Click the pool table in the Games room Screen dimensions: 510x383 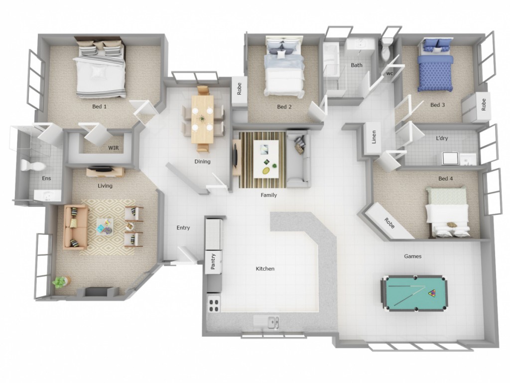pos(414,293)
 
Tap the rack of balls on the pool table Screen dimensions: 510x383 pos(432,293)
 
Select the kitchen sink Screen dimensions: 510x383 pos(271,322)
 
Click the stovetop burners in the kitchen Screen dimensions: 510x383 pos(214,305)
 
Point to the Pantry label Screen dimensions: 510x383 pos(213,261)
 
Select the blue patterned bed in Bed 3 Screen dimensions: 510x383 pos(435,65)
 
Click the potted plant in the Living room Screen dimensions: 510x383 pos(60,282)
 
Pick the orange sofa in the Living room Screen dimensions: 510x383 pos(76,227)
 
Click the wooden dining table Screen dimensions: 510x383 pos(202,119)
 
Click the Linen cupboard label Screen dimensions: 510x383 pos(374,137)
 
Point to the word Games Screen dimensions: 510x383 pos(413,256)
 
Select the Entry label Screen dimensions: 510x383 pos(183,227)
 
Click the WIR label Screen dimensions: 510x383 pos(114,148)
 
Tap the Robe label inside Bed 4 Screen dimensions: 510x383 pos(389,223)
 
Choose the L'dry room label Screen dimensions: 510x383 pos(442,138)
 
